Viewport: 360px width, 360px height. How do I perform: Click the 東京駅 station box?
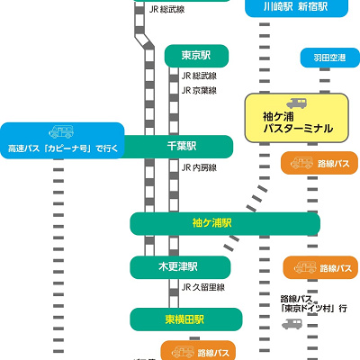click(x=197, y=56)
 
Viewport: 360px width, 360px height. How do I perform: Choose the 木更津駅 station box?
click(x=186, y=267)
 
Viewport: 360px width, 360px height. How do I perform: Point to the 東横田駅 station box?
click(x=186, y=319)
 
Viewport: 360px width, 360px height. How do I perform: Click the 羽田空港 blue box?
click(x=328, y=58)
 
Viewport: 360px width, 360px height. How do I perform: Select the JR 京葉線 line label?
click(x=200, y=91)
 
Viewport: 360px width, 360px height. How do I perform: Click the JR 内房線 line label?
click(x=200, y=167)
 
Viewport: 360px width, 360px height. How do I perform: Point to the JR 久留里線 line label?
click(x=203, y=287)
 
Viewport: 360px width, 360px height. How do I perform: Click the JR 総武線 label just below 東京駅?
click(x=200, y=77)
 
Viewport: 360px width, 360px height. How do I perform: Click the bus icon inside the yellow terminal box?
click(x=297, y=102)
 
